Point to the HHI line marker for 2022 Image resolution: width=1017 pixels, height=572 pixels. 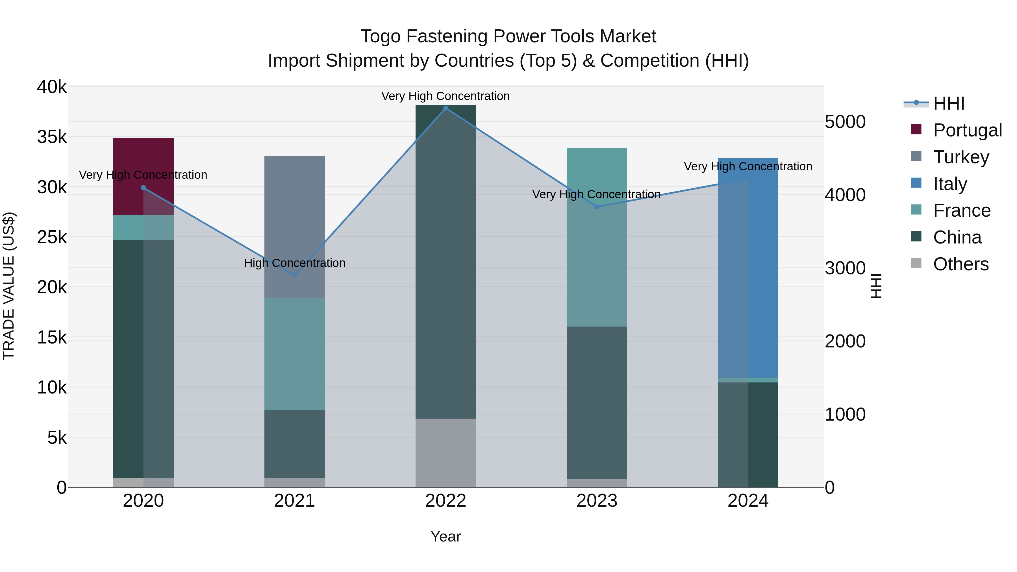coord(446,108)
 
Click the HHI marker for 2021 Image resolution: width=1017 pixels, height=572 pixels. coord(295,275)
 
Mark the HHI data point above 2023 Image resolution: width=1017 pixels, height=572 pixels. coord(597,207)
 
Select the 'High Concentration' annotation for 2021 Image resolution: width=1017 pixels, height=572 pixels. coord(295,263)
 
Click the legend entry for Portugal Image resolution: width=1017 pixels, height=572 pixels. coord(967,130)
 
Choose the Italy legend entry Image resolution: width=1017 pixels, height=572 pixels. coord(950,184)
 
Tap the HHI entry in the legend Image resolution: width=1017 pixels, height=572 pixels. coord(949,103)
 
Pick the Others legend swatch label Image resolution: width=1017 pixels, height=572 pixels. coord(960,264)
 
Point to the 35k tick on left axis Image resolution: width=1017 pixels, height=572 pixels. coord(52,137)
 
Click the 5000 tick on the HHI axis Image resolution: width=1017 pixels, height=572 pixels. coord(845,122)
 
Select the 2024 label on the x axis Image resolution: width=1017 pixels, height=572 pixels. coord(748,501)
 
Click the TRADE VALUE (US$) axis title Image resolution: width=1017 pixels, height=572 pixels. coord(9,286)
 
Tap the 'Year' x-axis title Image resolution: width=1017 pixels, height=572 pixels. coord(445,536)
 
